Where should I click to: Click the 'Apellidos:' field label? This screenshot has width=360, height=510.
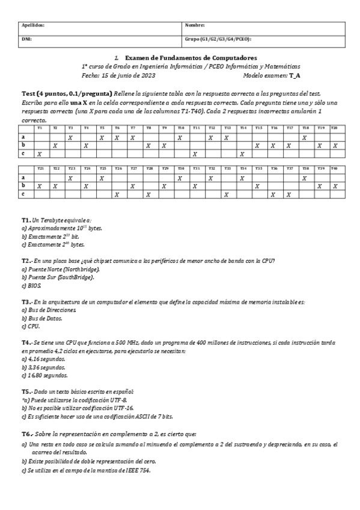click(x=33, y=25)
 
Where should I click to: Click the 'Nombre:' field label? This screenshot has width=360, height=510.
click(x=195, y=25)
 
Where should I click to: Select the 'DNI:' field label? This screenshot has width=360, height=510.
click(x=26, y=38)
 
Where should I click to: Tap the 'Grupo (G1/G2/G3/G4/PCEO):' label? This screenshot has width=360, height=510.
click(x=218, y=38)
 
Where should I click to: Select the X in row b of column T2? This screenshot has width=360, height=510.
click(x=55, y=146)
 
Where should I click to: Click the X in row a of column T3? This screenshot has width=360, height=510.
click(x=71, y=137)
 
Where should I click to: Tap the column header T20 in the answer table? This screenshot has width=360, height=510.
click(x=335, y=128)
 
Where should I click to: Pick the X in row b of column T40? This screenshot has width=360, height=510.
click(x=335, y=186)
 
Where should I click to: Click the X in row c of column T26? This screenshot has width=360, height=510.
click(x=116, y=195)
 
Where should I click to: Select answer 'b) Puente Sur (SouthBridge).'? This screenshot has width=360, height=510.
click(x=58, y=277)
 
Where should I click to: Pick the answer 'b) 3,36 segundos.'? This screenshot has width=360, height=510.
click(x=44, y=366)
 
